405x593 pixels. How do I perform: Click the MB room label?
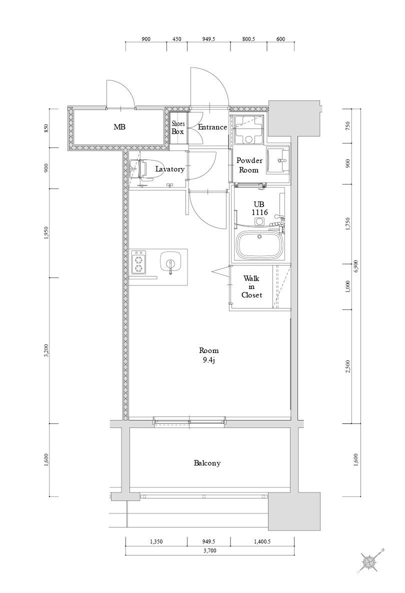119,127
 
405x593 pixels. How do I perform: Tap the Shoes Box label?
178,128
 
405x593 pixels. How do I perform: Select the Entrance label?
212,127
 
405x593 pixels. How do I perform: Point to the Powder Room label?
249,165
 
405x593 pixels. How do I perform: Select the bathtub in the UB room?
260,245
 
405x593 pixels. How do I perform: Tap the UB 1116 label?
259,208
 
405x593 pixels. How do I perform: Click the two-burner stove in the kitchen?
138,262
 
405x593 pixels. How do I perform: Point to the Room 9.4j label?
208,355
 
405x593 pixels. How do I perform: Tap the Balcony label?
207,463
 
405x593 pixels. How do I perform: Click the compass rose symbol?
370,561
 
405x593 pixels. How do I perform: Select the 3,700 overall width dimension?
209,550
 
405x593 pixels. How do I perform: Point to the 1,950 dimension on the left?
46,233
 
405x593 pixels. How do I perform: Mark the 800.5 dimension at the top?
248,39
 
